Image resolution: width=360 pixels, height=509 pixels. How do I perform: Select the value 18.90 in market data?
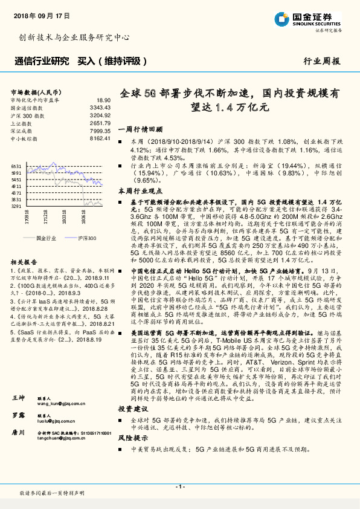[x=103, y=100]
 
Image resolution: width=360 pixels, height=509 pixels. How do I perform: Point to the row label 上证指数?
[x=23, y=123]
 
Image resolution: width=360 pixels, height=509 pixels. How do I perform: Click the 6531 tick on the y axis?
[x=16, y=166]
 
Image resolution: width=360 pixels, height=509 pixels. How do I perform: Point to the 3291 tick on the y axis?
[x=16, y=206]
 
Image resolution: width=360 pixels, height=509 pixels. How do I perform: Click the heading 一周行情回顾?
[x=140, y=129]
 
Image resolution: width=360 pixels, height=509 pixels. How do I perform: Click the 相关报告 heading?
[x=24, y=261]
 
